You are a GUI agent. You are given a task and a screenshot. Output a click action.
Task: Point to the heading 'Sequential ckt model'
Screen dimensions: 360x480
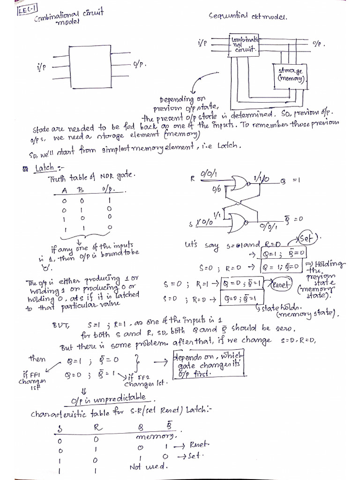pyautogui.click(x=248, y=16)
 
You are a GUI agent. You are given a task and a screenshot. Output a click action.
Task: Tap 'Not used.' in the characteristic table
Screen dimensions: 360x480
pyautogui.click(x=147, y=467)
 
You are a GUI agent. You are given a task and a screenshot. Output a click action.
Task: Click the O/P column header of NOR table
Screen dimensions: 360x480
pyautogui.click(x=105, y=190)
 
